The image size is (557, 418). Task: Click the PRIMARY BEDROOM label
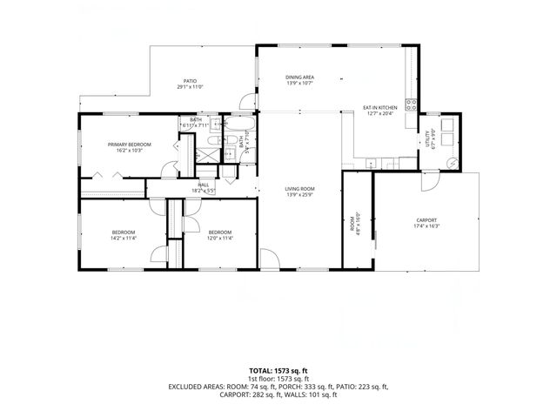point(130,145)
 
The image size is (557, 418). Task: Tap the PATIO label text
point(190,81)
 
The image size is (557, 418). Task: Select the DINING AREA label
point(299,78)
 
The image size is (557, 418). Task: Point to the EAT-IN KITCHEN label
point(380,108)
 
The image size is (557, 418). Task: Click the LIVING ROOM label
point(299,189)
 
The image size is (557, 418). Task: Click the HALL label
point(203,185)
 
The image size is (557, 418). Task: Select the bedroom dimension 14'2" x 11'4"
point(123,238)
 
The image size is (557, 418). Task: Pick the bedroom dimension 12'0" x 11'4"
point(220,238)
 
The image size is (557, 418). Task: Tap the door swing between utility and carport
point(429,181)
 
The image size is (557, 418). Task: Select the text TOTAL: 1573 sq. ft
point(278,371)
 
